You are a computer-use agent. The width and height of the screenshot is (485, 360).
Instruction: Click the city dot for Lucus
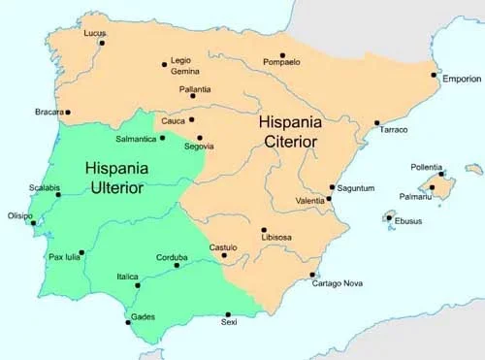[x=101, y=42]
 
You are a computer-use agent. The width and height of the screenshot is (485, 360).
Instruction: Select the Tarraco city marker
[x=377, y=123]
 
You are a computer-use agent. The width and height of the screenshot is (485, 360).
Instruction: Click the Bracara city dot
[x=67, y=113]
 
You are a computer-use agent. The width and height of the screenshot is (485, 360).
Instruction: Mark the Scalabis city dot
[x=58, y=195]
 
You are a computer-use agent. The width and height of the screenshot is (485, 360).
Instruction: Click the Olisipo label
[x=19, y=215]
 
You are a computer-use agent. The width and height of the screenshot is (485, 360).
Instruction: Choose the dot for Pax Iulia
[x=81, y=252]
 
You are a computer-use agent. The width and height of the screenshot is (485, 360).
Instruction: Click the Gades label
[x=141, y=316]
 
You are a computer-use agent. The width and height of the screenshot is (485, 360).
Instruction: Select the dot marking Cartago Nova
[x=312, y=275]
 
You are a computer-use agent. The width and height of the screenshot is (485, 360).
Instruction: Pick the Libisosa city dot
[x=263, y=230]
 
